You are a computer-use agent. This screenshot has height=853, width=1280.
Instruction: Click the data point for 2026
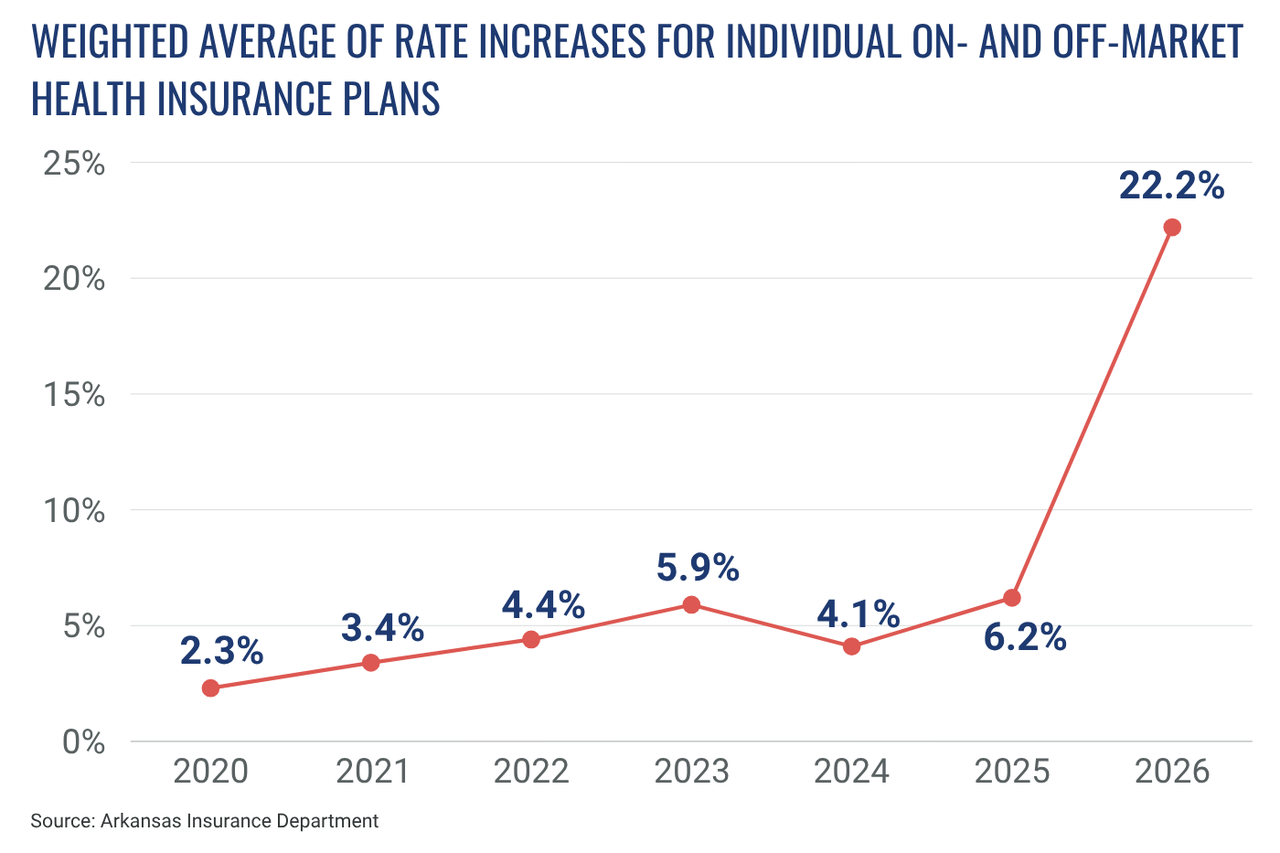pos(1171,227)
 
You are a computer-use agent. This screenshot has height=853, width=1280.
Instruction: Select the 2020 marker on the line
pos(210,688)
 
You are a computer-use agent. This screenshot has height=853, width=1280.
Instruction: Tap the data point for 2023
pos(691,604)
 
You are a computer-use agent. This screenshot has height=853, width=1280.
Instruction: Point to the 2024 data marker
pos(851,646)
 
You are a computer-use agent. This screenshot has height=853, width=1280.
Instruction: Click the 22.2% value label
pos(1171,186)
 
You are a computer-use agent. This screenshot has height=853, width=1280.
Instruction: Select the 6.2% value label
pos(1025,637)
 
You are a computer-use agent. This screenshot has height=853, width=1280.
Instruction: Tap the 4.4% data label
pos(543,604)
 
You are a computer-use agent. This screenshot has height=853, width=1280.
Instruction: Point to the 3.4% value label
pos(382,628)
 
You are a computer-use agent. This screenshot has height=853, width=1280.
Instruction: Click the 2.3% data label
pos(221,651)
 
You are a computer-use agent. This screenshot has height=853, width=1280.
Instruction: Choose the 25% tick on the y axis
pos(74,164)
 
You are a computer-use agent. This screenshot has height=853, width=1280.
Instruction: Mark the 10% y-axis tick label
pos(74,511)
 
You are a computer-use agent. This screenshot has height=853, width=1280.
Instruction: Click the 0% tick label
pos(83,742)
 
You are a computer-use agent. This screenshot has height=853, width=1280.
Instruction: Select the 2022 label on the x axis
pos(531,772)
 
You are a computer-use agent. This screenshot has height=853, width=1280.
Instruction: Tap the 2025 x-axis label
pos(1011,772)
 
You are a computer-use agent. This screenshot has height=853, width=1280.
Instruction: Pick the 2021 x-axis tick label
pos(371,772)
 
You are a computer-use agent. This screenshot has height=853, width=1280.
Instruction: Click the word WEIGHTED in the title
pos(109,42)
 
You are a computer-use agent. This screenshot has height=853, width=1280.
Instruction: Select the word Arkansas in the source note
pos(141,821)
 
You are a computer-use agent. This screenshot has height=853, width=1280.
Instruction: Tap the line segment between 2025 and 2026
pos(1092,412)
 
